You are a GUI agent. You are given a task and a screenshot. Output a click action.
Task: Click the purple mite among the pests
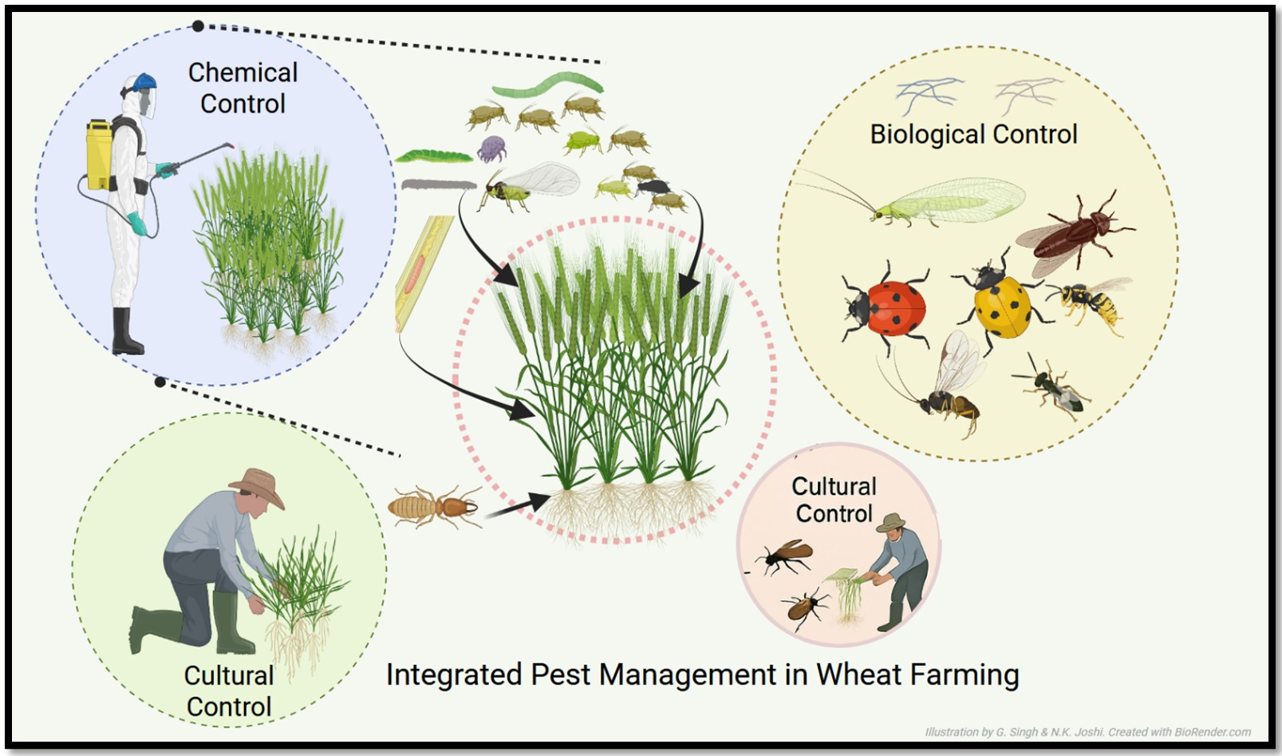491,148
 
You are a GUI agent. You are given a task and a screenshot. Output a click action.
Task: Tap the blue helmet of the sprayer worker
144,81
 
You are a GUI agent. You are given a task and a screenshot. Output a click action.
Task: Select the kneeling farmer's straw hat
258,484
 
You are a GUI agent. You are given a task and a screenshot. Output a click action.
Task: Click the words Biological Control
973,134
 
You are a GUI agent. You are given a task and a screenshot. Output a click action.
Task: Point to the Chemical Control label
243,88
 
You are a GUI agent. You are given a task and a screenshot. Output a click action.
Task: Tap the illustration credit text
1087,732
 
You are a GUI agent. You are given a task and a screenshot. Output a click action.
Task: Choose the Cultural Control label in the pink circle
834,500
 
